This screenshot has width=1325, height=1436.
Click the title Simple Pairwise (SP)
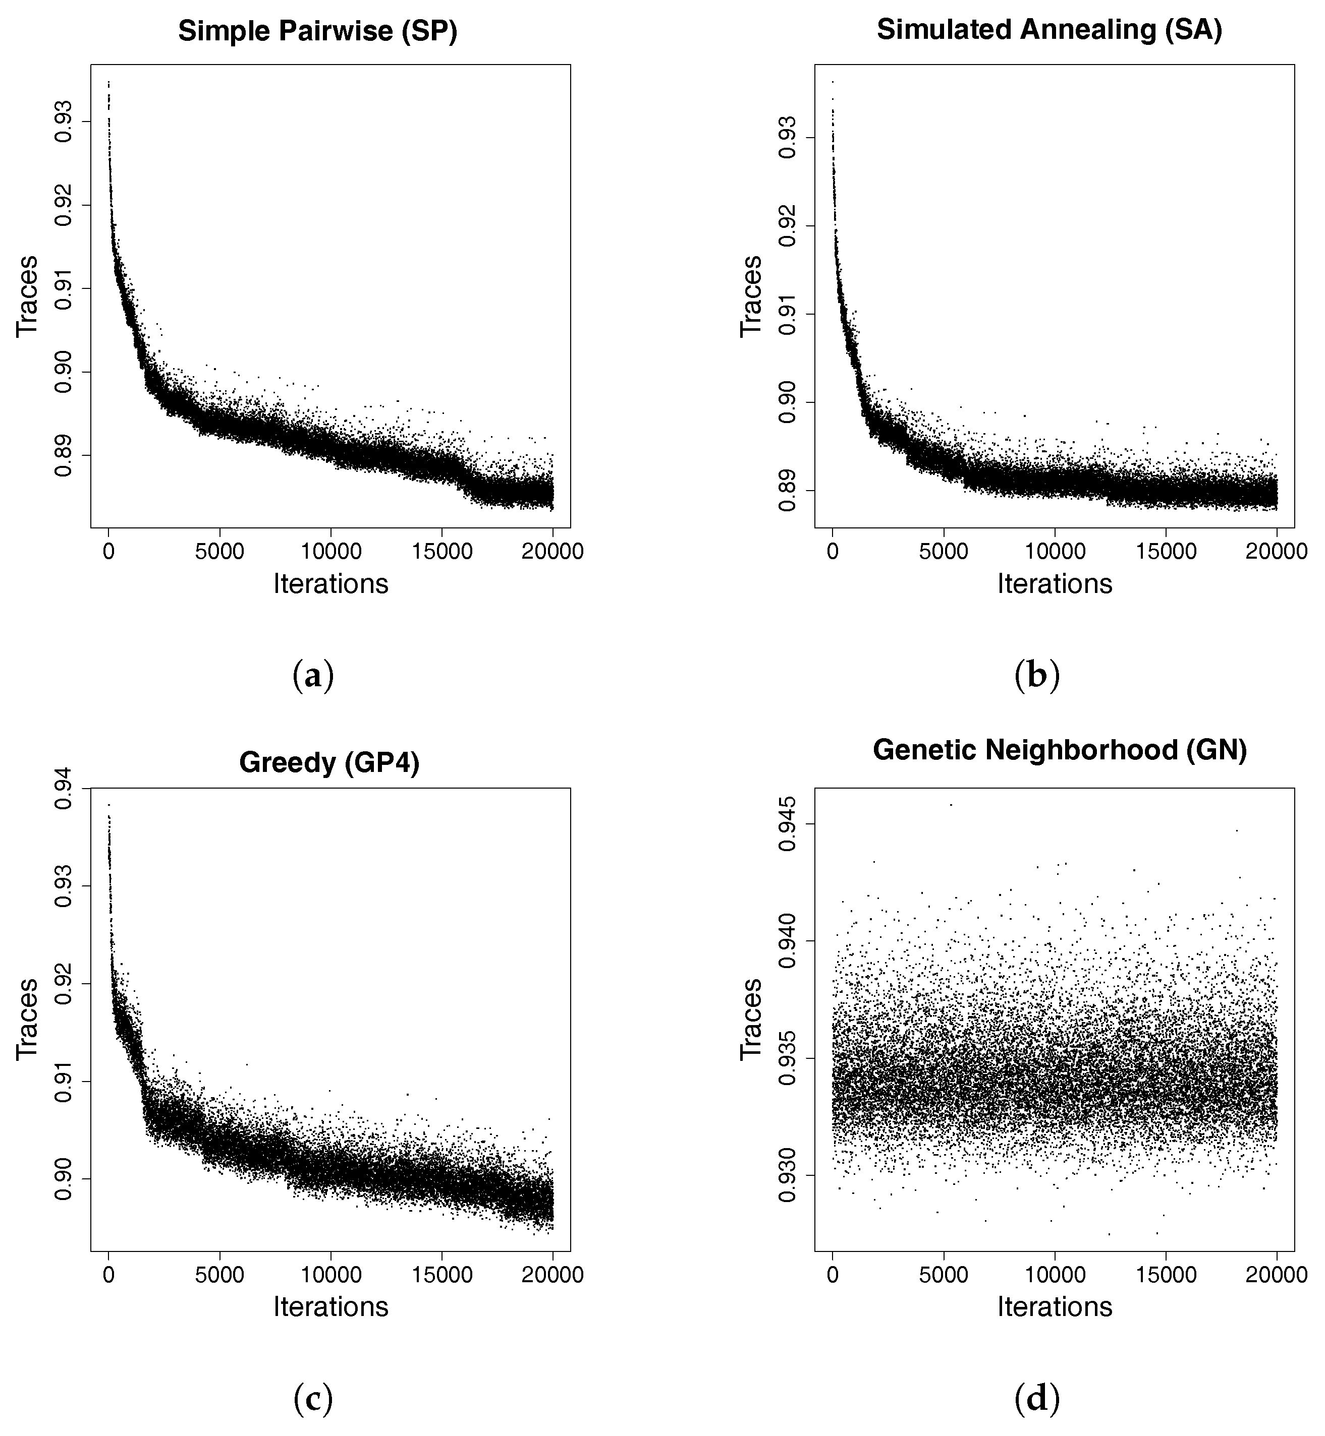[x=318, y=32]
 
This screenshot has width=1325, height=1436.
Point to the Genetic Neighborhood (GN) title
[x=1060, y=750]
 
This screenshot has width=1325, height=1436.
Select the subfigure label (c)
[x=313, y=1399]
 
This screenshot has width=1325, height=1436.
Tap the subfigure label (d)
[x=1037, y=1399]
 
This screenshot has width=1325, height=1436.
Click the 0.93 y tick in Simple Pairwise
[x=63, y=122]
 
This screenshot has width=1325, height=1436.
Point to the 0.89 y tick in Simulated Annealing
[x=787, y=490]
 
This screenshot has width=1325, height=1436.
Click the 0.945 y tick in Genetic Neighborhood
[x=787, y=824]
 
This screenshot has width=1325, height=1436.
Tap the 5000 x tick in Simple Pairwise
[x=219, y=552]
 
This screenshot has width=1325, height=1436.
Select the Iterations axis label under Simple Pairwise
[x=330, y=584]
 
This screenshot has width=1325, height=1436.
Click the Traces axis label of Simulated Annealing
[x=751, y=295]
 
